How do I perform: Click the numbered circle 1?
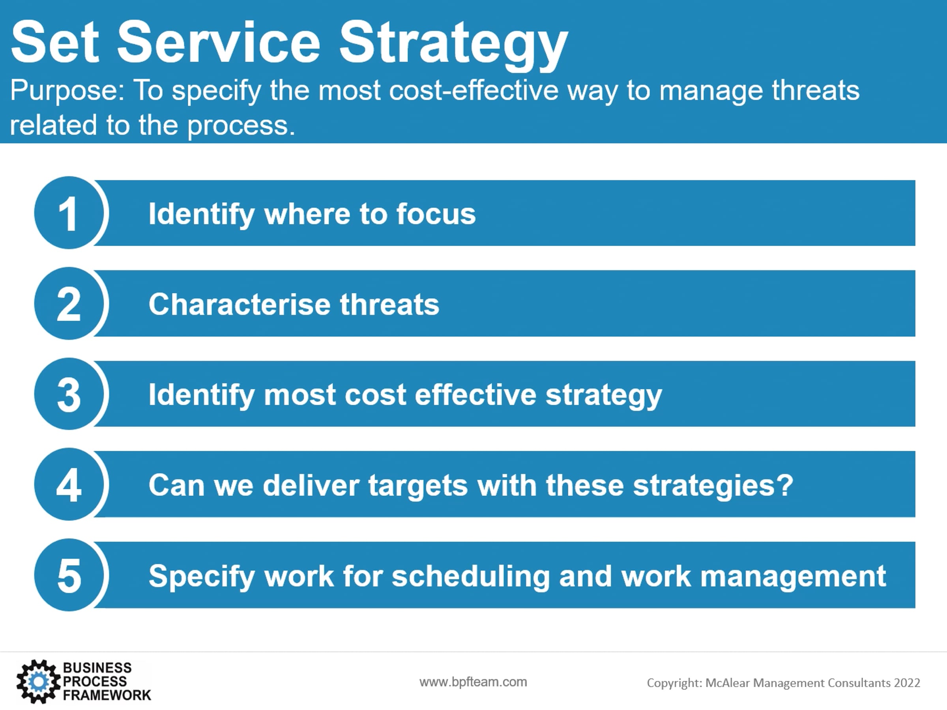[69, 213]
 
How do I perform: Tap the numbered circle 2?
[69, 303]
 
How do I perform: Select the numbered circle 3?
[69, 394]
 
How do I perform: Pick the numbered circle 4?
[69, 484]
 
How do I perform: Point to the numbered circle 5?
[69, 575]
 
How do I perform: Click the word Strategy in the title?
[454, 45]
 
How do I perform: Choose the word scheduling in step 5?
[470, 577]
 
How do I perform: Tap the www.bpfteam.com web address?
[473, 682]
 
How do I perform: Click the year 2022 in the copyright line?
[906, 683]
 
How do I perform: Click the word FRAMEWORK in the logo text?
[107, 695]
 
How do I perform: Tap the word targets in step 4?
[418, 486]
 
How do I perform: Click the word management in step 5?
[792, 577]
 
